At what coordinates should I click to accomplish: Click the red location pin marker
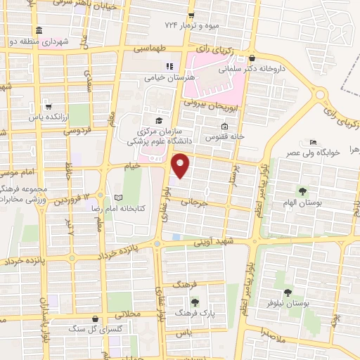point(181,165)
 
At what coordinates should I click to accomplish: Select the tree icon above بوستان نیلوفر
point(287,293)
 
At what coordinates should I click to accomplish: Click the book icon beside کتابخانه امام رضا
point(117,199)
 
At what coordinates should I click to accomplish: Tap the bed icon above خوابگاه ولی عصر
point(312,143)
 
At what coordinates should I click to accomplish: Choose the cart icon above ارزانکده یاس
point(48,108)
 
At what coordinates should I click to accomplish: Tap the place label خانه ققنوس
point(224,138)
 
